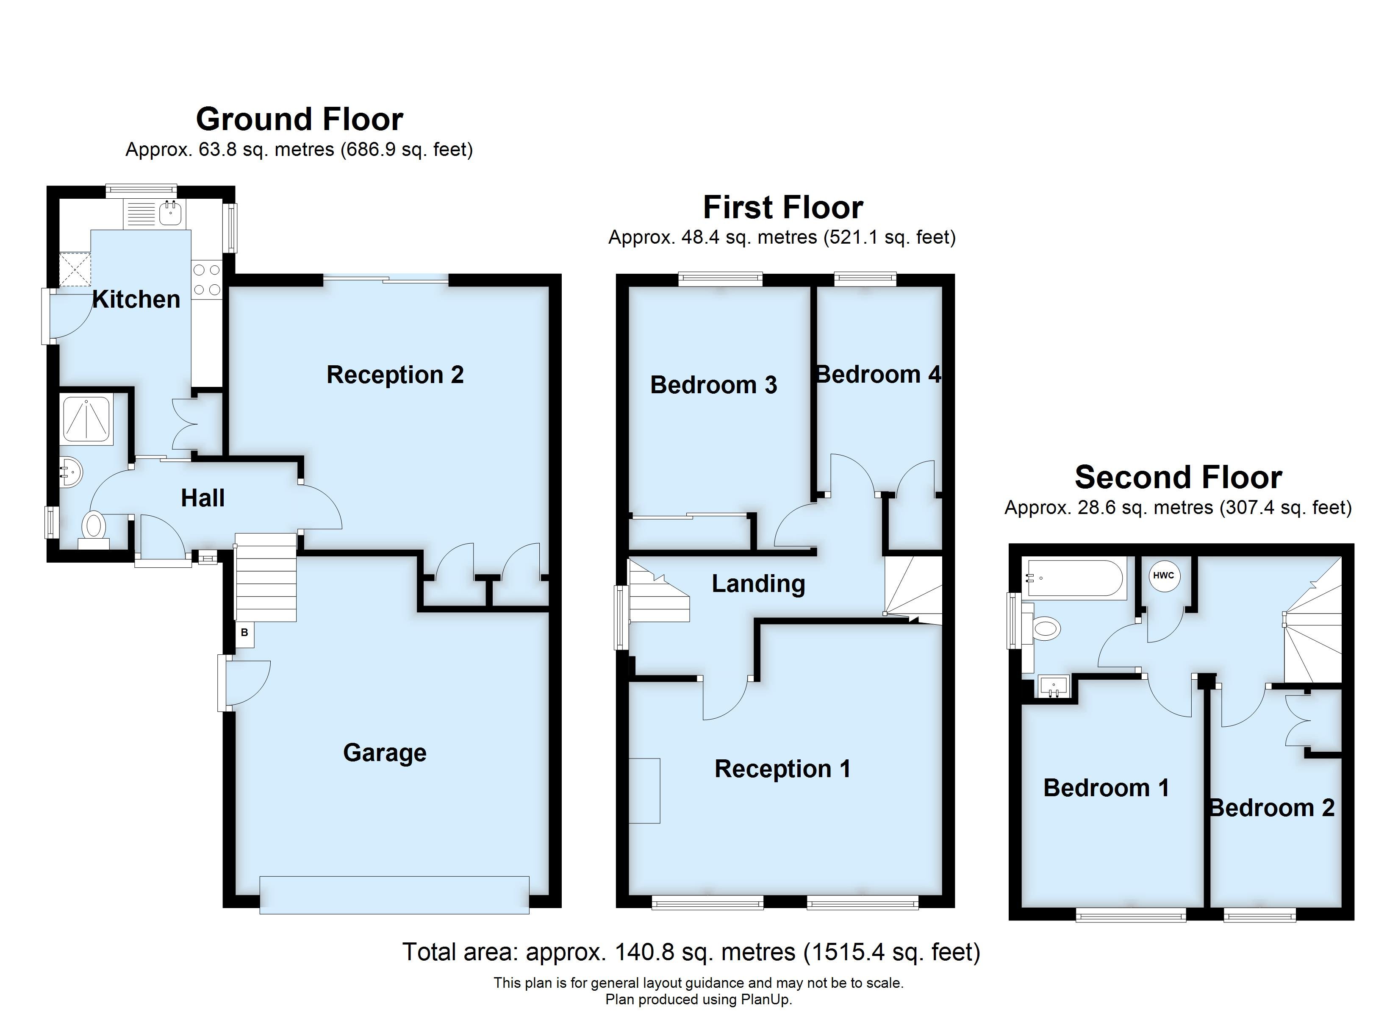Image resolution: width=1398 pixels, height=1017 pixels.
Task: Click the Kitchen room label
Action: click(x=136, y=300)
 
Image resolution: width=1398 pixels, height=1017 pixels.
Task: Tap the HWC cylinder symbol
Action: click(x=1163, y=575)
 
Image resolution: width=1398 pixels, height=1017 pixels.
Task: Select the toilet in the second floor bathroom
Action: click(x=1046, y=629)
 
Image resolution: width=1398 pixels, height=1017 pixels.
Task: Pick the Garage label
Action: click(x=385, y=753)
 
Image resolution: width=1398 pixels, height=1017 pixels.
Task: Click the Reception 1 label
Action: click(x=782, y=769)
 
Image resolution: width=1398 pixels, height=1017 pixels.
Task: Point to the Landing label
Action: click(x=758, y=584)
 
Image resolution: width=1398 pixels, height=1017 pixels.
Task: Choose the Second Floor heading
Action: click(x=1178, y=478)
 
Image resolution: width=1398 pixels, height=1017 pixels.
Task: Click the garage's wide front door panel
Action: click(x=394, y=895)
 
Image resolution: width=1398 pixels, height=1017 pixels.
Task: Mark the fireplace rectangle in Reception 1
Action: click(x=645, y=791)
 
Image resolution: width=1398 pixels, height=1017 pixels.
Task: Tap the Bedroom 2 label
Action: click(x=1272, y=808)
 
